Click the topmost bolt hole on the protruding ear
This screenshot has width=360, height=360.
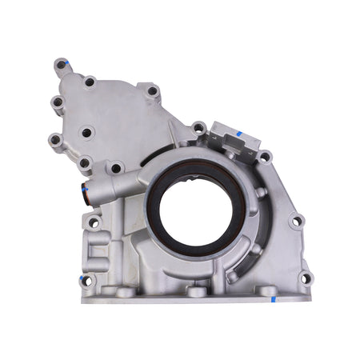coord(62,64)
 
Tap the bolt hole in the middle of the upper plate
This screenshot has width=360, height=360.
coord(86,132)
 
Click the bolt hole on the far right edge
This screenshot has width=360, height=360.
coord(296,221)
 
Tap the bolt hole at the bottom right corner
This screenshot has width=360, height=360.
coord(303,278)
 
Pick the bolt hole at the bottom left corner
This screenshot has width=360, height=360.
coord(86,280)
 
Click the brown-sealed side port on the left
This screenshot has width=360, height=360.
coord(82,192)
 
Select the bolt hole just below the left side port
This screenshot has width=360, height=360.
coord(94,222)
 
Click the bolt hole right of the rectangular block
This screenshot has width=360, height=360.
coord(264,157)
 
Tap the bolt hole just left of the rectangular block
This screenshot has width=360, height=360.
coord(198,127)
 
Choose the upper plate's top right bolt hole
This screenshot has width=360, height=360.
coord(151,91)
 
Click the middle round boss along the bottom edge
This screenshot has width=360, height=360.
coord(196,291)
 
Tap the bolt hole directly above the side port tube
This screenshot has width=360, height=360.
coord(116,168)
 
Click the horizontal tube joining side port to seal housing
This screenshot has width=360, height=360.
coord(120,189)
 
